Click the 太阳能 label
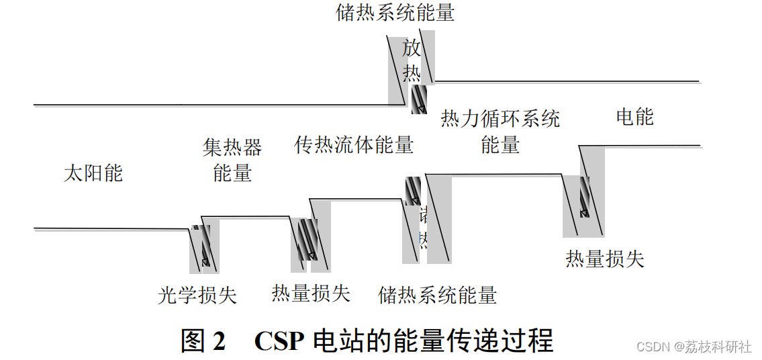pyautogui.click(x=93, y=173)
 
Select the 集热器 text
pyautogui.click(x=232, y=147)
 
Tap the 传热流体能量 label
pyautogui.click(x=354, y=144)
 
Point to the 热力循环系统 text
pyautogui.click(x=500, y=120)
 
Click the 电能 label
pyautogui.click(x=634, y=117)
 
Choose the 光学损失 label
pyautogui.click(x=197, y=295)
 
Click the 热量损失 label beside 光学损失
pyautogui.click(x=311, y=293)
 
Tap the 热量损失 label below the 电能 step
pyautogui.click(x=605, y=259)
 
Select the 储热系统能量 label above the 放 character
pyautogui.click(x=395, y=13)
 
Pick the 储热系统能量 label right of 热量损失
pyautogui.click(x=438, y=295)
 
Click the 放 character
pyautogui.click(x=412, y=49)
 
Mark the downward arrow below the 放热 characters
pyautogui.click(x=419, y=99)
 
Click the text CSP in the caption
pyautogui.click(x=278, y=341)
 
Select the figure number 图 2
pyautogui.click(x=203, y=341)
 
